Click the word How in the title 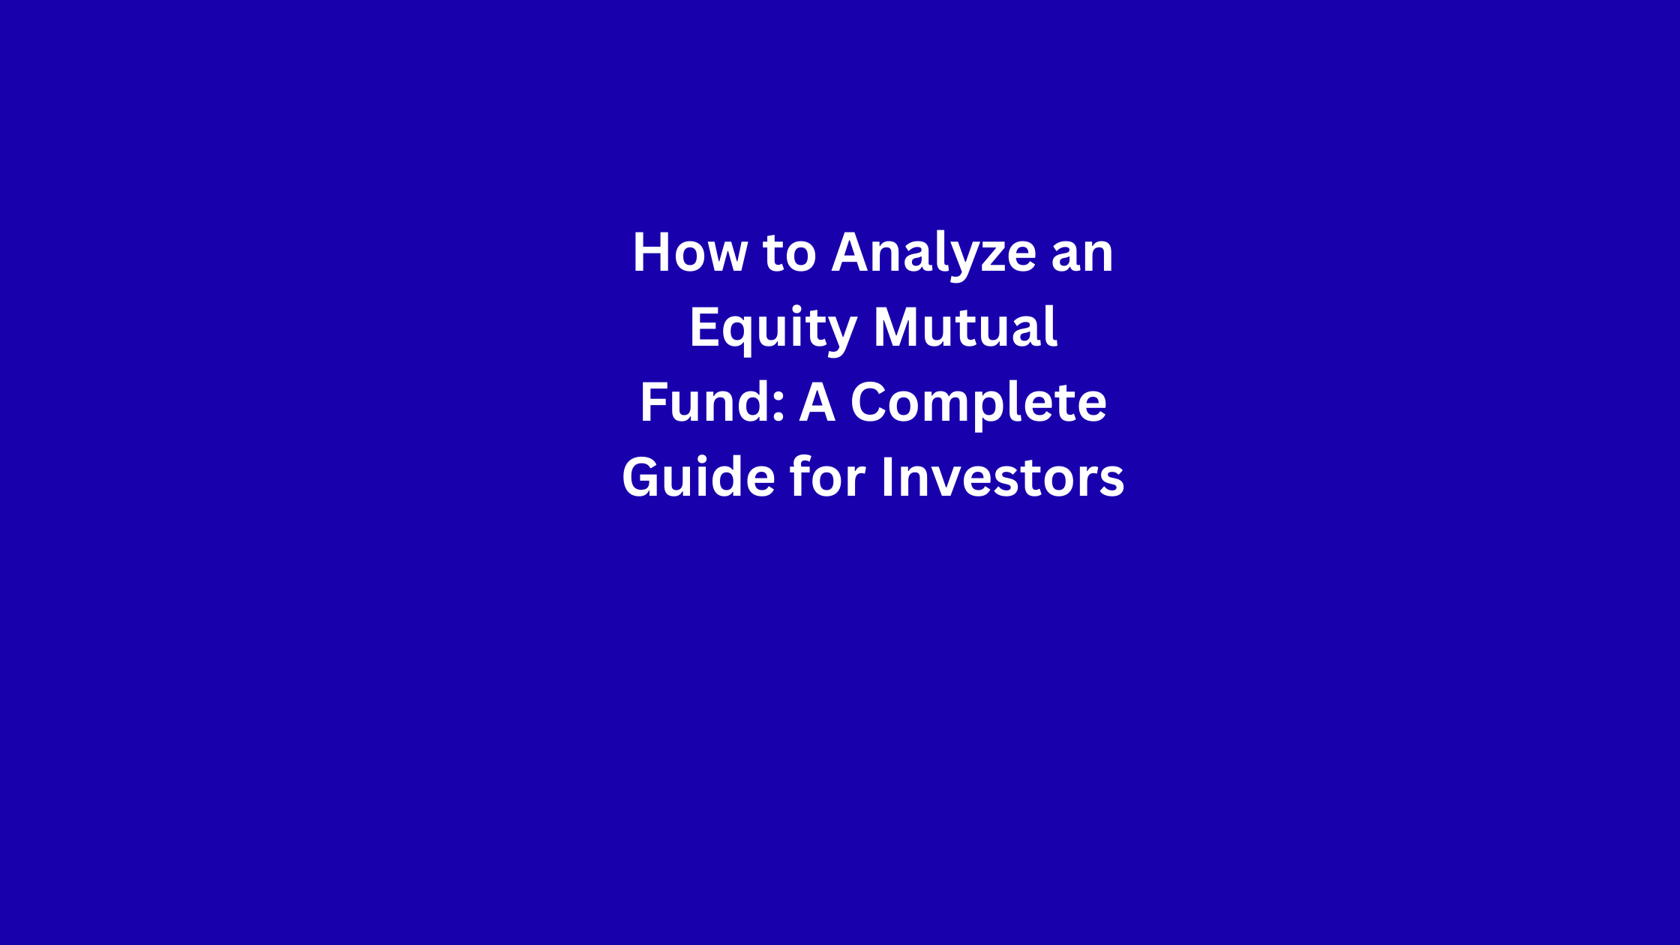pyautogui.click(x=690, y=252)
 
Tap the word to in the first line pyautogui.click(x=790, y=253)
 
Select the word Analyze pyautogui.click(x=934, y=256)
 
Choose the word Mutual pyautogui.click(x=966, y=327)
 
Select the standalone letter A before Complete pyautogui.click(x=817, y=403)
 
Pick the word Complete pyautogui.click(x=979, y=406)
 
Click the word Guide pyautogui.click(x=699, y=477)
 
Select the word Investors pyautogui.click(x=1003, y=478)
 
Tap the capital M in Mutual pyautogui.click(x=898, y=328)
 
